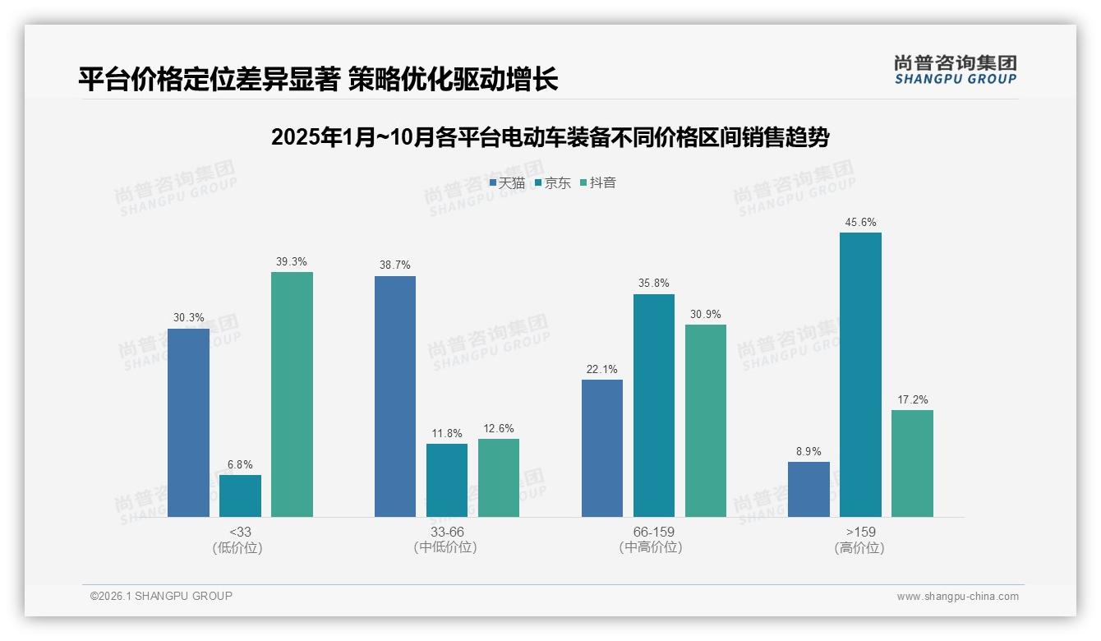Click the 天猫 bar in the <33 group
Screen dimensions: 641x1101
click(188, 422)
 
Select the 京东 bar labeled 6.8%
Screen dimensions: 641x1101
click(240, 496)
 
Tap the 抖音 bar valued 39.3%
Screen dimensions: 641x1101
click(292, 394)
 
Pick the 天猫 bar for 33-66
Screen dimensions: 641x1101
click(395, 396)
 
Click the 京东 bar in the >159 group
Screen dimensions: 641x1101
click(860, 375)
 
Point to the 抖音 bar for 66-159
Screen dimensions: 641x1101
click(706, 421)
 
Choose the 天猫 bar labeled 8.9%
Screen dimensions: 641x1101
click(808, 489)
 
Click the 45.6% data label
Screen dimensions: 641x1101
click(860, 222)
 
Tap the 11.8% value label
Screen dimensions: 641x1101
click(447, 433)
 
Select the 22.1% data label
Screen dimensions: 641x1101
click(602, 369)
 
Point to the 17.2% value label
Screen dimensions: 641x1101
click(912, 399)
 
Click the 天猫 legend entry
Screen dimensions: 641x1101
click(507, 182)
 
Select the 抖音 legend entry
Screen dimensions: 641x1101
click(598, 182)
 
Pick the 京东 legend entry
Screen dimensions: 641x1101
click(553, 182)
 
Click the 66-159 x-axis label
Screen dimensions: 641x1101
click(654, 532)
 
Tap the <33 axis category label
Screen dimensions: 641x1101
click(240, 532)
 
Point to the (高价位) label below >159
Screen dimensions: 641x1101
click(859, 547)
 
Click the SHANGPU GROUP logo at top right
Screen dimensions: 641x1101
click(955, 69)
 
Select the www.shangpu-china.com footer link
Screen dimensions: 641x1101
click(957, 596)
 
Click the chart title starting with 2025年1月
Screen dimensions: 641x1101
click(550, 137)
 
